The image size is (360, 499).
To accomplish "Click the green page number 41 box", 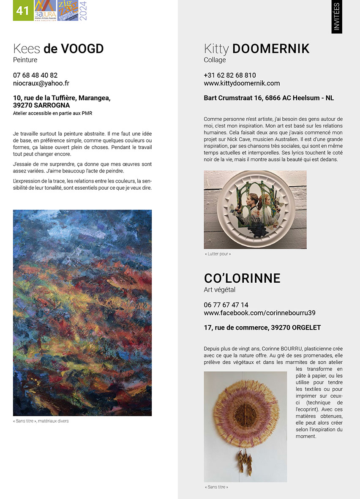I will [x=23, y=11].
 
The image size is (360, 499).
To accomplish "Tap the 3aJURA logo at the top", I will [x=45, y=11].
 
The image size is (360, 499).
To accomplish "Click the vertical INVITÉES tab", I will [x=337, y=17].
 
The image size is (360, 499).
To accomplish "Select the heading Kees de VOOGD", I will [x=58, y=49].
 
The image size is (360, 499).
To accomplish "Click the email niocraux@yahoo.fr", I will [x=41, y=84].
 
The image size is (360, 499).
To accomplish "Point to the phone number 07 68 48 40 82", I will [x=35, y=75].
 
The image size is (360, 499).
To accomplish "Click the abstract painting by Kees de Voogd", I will [x=82, y=313].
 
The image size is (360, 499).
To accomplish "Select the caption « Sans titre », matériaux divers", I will [x=41, y=421].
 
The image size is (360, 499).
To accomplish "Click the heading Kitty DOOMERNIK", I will [x=256, y=49].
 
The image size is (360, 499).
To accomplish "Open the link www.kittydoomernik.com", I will [x=242, y=84].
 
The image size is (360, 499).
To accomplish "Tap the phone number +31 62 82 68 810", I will [x=229, y=75].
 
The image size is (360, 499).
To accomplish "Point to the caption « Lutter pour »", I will [x=218, y=254].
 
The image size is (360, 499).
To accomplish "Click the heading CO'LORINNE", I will [x=242, y=278].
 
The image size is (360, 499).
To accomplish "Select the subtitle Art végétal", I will [x=219, y=290].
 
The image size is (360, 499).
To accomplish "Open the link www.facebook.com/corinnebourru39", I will [x=259, y=313].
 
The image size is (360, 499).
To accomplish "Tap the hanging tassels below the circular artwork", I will [x=244, y=463].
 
